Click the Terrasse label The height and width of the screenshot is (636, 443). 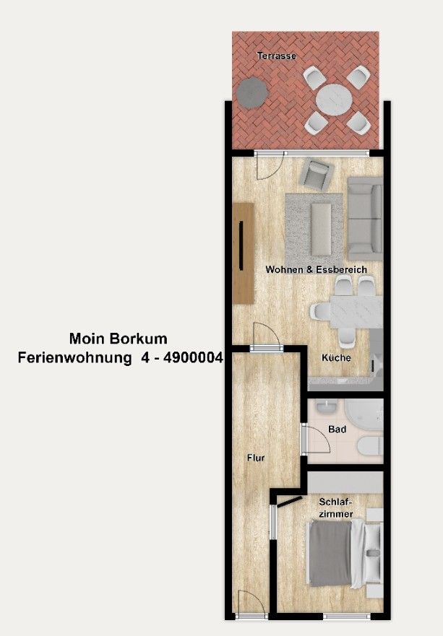click(277, 56)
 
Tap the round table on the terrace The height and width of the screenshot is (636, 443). click(334, 100)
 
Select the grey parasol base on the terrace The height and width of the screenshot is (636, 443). click(252, 93)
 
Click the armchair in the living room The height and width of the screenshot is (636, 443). click(317, 174)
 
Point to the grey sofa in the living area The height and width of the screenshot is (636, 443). click(366, 218)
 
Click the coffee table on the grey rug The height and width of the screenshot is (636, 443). click(321, 229)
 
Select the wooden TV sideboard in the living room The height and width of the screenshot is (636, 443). click(244, 253)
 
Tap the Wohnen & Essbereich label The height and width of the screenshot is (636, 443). click(316, 270)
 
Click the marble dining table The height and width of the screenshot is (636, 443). click(356, 312)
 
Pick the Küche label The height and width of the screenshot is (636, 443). click(336, 358)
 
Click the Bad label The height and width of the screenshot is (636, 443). click(337, 429)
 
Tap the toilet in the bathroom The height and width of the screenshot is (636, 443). click(370, 445)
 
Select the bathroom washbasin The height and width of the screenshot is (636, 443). click(327, 407)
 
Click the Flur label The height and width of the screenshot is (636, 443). click(256, 458)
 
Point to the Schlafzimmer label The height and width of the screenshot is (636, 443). click(336, 508)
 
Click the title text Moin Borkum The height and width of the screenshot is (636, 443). click(119, 339)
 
